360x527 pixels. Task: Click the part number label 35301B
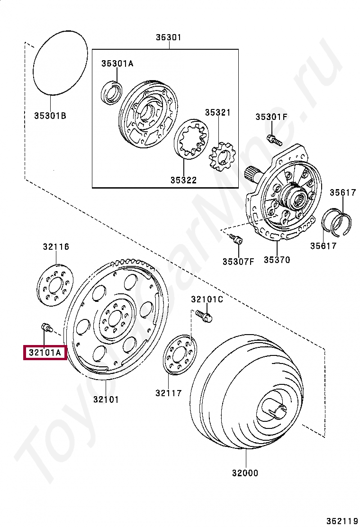50,115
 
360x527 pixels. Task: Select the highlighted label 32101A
45,353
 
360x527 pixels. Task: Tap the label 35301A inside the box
117,64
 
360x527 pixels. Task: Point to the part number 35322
183,180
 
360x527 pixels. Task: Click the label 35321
217,112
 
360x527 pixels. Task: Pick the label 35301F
271,117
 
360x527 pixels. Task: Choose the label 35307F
238,261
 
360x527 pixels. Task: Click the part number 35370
277,260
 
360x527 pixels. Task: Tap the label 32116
56,246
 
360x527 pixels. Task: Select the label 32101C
207,299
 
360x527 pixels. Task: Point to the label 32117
168,393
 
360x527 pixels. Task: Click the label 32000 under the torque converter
245,472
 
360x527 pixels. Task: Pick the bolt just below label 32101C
204,315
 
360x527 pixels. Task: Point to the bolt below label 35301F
274,139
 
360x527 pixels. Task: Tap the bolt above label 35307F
237,239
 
